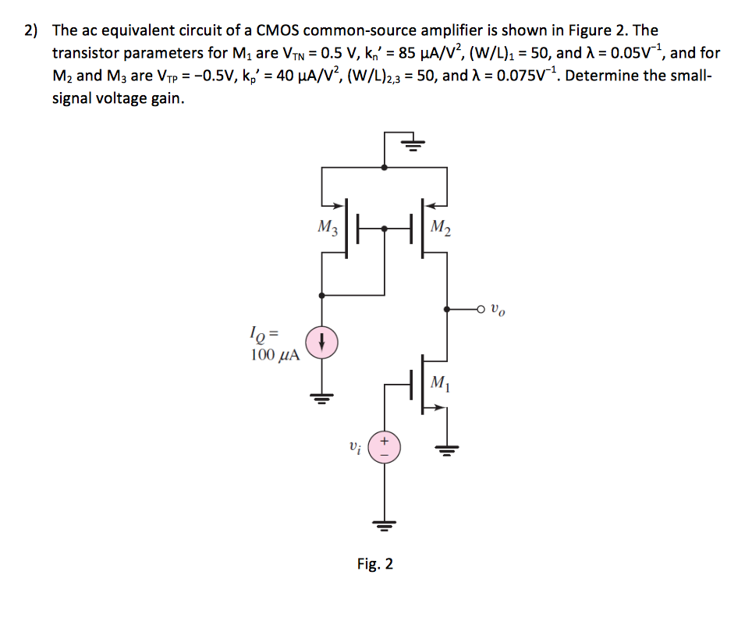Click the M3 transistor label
click(328, 229)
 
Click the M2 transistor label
click(440, 229)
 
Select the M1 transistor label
click(440, 383)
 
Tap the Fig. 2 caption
click(375, 563)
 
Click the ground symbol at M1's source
click(446, 448)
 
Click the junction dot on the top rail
click(384, 166)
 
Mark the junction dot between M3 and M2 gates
click(384, 229)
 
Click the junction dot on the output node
click(445, 309)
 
